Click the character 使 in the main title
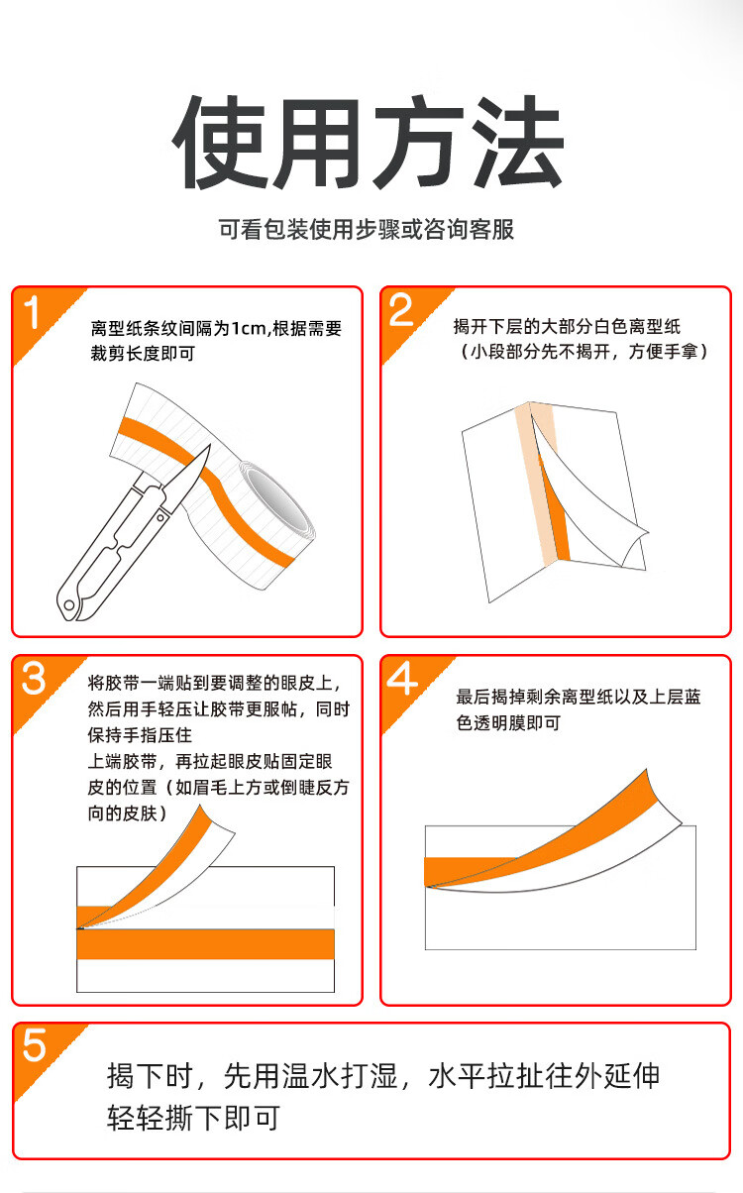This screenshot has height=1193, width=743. [x=220, y=143]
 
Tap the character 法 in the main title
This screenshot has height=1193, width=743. [x=518, y=143]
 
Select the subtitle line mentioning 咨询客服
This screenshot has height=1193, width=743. [x=367, y=230]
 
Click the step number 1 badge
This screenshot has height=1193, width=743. [x=32, y=313]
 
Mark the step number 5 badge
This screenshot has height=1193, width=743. [x=34, y=1045]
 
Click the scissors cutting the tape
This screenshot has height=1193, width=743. [x=133, y=533]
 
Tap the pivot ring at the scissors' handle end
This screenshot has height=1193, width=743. [x=69, y=605]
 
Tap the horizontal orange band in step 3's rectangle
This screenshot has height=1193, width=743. [x=206, y=944]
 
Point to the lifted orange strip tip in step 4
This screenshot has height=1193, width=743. [x=646, y=771]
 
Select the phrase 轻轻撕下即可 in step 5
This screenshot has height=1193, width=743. [x=194, y=1118]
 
